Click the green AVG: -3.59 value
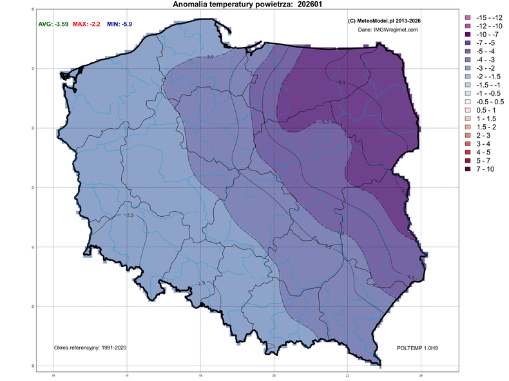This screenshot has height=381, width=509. point(52,24)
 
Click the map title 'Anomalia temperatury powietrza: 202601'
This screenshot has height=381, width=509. point(247,5)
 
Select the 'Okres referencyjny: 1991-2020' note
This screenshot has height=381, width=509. point(90,348)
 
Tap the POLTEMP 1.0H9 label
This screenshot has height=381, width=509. point(418,348)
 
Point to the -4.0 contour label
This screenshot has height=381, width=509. point(340,232)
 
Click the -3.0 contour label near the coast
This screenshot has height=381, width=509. point(209,57)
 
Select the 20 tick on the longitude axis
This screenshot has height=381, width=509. point(274,375)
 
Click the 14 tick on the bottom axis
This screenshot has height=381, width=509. point(53,375)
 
